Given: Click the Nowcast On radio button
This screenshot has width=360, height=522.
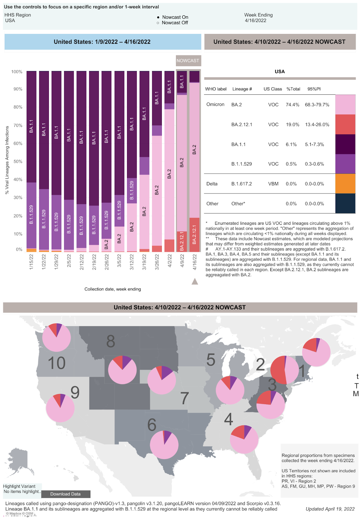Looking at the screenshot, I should click(x=158, y=17).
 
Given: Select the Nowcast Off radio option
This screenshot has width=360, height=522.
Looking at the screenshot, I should click(x=158, y=23).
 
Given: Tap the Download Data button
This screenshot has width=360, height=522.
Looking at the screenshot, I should click(x=66, y=494).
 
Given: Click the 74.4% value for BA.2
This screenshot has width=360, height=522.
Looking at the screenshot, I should click(x=292, y=105).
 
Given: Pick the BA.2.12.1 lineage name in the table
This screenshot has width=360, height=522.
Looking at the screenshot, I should click(x=242, y=125).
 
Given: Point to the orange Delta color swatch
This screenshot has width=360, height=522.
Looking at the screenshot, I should click(x=345, y=184).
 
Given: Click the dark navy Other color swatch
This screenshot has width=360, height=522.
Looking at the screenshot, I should click(x=345, y=204).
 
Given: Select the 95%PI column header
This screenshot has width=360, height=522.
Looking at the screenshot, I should click(x=314, y=89).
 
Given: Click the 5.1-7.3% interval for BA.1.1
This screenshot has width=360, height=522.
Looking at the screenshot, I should click(x=315, y=145).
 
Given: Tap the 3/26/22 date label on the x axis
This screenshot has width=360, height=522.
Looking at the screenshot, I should click(x=157, y=262).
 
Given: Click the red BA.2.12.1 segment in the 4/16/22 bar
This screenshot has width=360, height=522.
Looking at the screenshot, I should click(x=195, y=235).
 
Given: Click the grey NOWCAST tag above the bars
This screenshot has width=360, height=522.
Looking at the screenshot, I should click(x=188, y=61).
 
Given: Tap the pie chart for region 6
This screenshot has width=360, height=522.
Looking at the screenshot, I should click(x=164, y=445).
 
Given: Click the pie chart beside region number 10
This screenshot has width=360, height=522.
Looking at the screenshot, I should click(x=56, y=338).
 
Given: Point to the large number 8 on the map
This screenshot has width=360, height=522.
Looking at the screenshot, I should click(x=111, y=341).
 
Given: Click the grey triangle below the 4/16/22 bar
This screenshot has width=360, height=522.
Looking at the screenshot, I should click(x=195, y=281).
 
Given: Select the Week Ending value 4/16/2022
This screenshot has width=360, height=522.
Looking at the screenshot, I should click(x=256, y=21).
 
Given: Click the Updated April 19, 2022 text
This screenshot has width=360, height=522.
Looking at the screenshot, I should click(x=330, y=509).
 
